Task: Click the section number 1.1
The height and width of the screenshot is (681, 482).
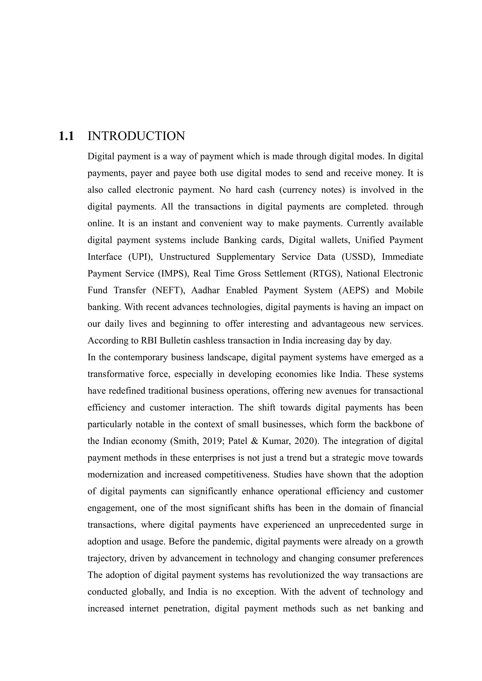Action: [66, 136]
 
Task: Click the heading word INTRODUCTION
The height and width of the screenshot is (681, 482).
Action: [136, 136]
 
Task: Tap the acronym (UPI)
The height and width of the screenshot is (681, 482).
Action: [140, 257]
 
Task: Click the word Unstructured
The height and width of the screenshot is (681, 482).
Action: [185, 257]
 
